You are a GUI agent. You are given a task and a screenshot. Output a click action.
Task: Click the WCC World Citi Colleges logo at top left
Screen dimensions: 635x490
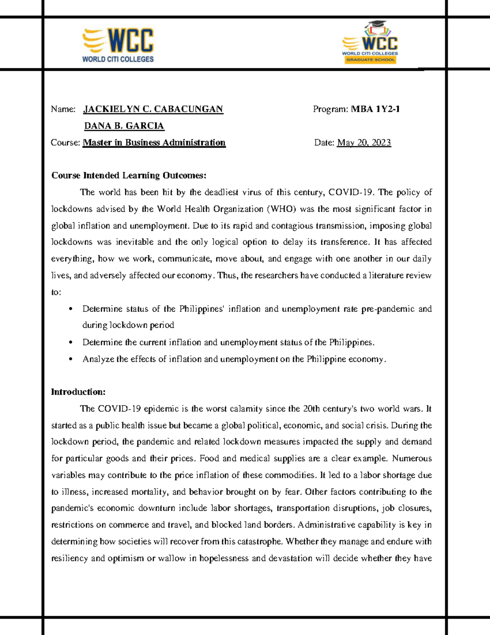click(118, 45)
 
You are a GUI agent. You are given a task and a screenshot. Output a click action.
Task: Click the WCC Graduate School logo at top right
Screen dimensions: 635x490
click(370, 43)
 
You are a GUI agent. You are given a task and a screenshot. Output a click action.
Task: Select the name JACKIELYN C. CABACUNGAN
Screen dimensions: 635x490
click(153, 109)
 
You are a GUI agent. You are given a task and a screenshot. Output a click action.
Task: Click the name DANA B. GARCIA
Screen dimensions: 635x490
click(124, 126)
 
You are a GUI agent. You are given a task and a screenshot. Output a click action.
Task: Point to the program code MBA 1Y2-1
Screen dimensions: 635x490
click(375, 109)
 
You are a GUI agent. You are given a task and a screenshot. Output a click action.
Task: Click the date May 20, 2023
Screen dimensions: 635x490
click(364, 143)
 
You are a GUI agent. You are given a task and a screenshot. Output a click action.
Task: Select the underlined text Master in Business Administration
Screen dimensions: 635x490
click(154, 143)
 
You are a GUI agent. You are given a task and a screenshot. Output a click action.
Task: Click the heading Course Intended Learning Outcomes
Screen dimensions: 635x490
click(129, 175)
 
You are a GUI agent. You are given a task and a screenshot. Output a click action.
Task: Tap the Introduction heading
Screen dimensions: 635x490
click(78, 392)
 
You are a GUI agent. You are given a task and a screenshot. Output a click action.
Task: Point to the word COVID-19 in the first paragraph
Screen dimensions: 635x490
click(351, 192)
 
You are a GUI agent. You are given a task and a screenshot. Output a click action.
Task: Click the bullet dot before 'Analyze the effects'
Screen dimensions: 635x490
click(71, 359)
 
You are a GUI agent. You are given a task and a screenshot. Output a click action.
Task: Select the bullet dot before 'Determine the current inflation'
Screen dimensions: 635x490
click(71, 343)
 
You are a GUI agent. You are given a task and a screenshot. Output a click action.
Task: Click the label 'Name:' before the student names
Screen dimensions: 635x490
click(63, 109)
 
